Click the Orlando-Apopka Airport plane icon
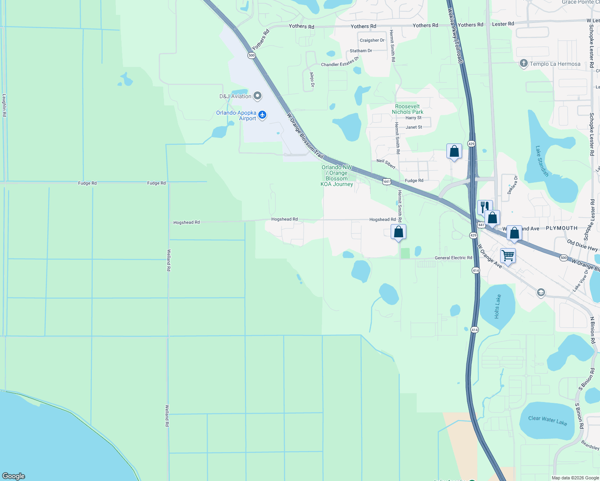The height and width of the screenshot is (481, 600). (x=262, y=115)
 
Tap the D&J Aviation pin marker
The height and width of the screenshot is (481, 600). (x=258, y=96)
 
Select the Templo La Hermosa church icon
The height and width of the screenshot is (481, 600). (x=523, y=63)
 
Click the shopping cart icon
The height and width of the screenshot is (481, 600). (x=508, y=255)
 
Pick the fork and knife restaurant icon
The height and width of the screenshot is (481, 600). (x=484, y=207)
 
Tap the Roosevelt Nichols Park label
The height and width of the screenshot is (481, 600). (x=407, y=109)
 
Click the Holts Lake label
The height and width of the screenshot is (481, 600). (x=497, y=306)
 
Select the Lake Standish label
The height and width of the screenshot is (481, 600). (x=542, y=161)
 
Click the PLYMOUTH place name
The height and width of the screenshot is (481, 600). (x=561, y=228)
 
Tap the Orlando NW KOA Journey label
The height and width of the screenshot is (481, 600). (x=337, y=176)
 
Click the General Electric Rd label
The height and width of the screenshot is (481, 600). (x=453, y=258)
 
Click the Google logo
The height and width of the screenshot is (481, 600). (x=14, y=476)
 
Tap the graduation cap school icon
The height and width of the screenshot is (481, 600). (x=541, y=292)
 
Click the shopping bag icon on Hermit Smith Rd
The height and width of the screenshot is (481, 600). (x=398, y=232)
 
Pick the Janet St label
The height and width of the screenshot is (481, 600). (x=414, y=127)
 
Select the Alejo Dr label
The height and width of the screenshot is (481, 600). (x=312, y=79)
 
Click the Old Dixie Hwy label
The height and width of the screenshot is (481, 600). (x=582, y=245)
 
